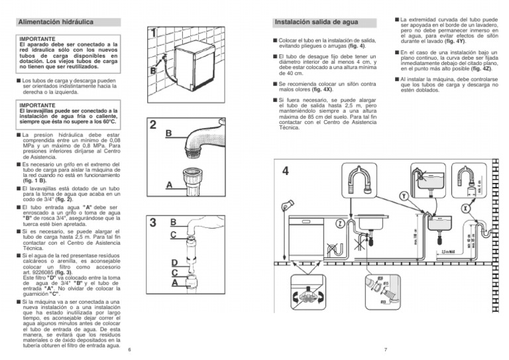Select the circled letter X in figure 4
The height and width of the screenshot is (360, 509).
465,208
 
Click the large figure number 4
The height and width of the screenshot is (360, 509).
285,171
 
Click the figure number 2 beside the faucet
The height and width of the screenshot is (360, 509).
153,125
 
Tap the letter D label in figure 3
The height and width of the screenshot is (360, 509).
174,263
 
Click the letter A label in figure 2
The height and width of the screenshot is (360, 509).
170,186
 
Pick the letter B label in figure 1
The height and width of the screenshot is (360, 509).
152,70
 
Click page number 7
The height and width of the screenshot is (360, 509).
385,349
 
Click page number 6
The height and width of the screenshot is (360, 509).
130,349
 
